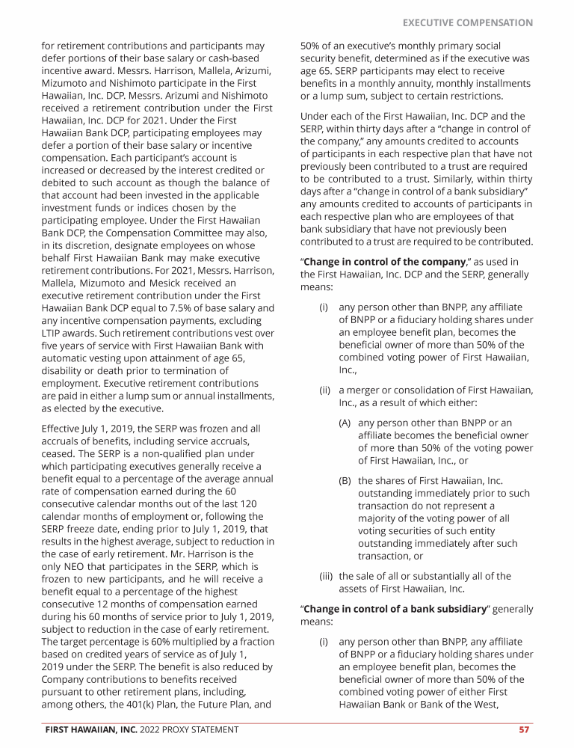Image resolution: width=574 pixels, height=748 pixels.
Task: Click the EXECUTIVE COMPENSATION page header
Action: [467, 22]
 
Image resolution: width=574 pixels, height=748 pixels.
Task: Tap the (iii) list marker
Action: [327, 575]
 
